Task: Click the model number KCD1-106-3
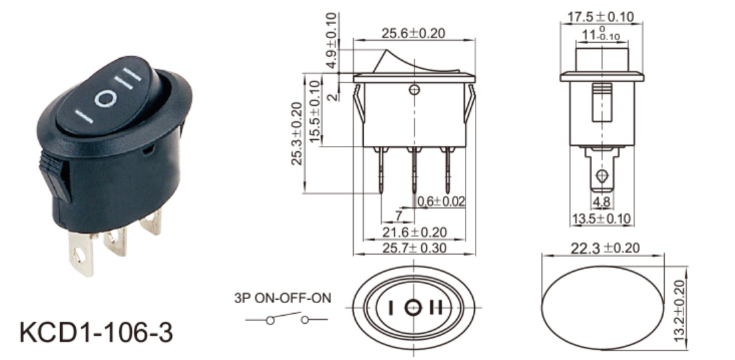[x=96, y=331]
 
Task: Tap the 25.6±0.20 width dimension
[x=414, y=33]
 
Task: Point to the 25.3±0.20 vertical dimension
[x=297, y=133]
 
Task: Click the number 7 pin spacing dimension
[x=399, y=216]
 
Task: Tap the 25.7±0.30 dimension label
[x=414, y=248]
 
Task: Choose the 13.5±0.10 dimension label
[x=601, y=219]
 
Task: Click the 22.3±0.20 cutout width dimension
[x=605, y=248]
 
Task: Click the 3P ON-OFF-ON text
[x=282, y=299]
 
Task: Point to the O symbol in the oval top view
[x=414, y=308]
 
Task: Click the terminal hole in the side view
[x=601, y=177]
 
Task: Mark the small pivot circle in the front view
[x=415, y=89]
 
